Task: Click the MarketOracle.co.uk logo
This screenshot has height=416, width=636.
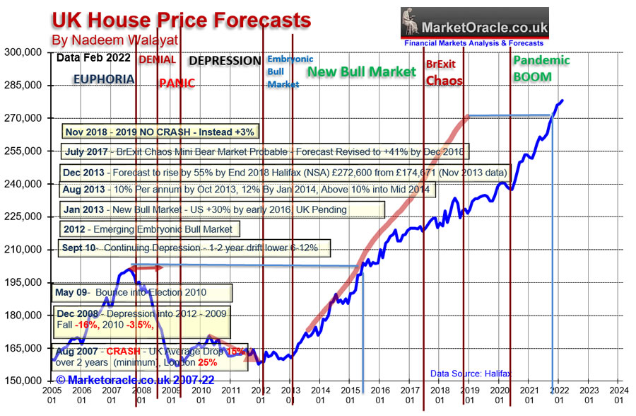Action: pyautogui.click(x=474, y=27)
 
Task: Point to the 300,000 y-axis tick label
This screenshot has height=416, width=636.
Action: pyautogui.click(x=23, y=52)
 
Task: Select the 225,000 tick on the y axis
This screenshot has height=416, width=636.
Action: pyautogui.click(x=23, y=216)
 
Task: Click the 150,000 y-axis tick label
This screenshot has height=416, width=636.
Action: pyautogui.click(x=23, y=381)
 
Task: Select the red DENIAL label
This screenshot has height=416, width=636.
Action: pyautogui.click(x=158, y=59)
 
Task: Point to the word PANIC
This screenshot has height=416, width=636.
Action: pyautogui.click(x=177, y=83)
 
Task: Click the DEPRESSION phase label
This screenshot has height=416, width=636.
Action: pyautogui.click(x=225, y=61)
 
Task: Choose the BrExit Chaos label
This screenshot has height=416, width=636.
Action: pyautogui.click(x=444, y=73)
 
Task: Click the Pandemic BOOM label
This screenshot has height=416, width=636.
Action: pyautogui.click(x=541, y=68)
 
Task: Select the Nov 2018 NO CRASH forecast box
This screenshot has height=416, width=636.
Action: pyautogui.click(x=159, y=132)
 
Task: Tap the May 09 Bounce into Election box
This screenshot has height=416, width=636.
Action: pyautogui.click(x=142, y=292)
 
